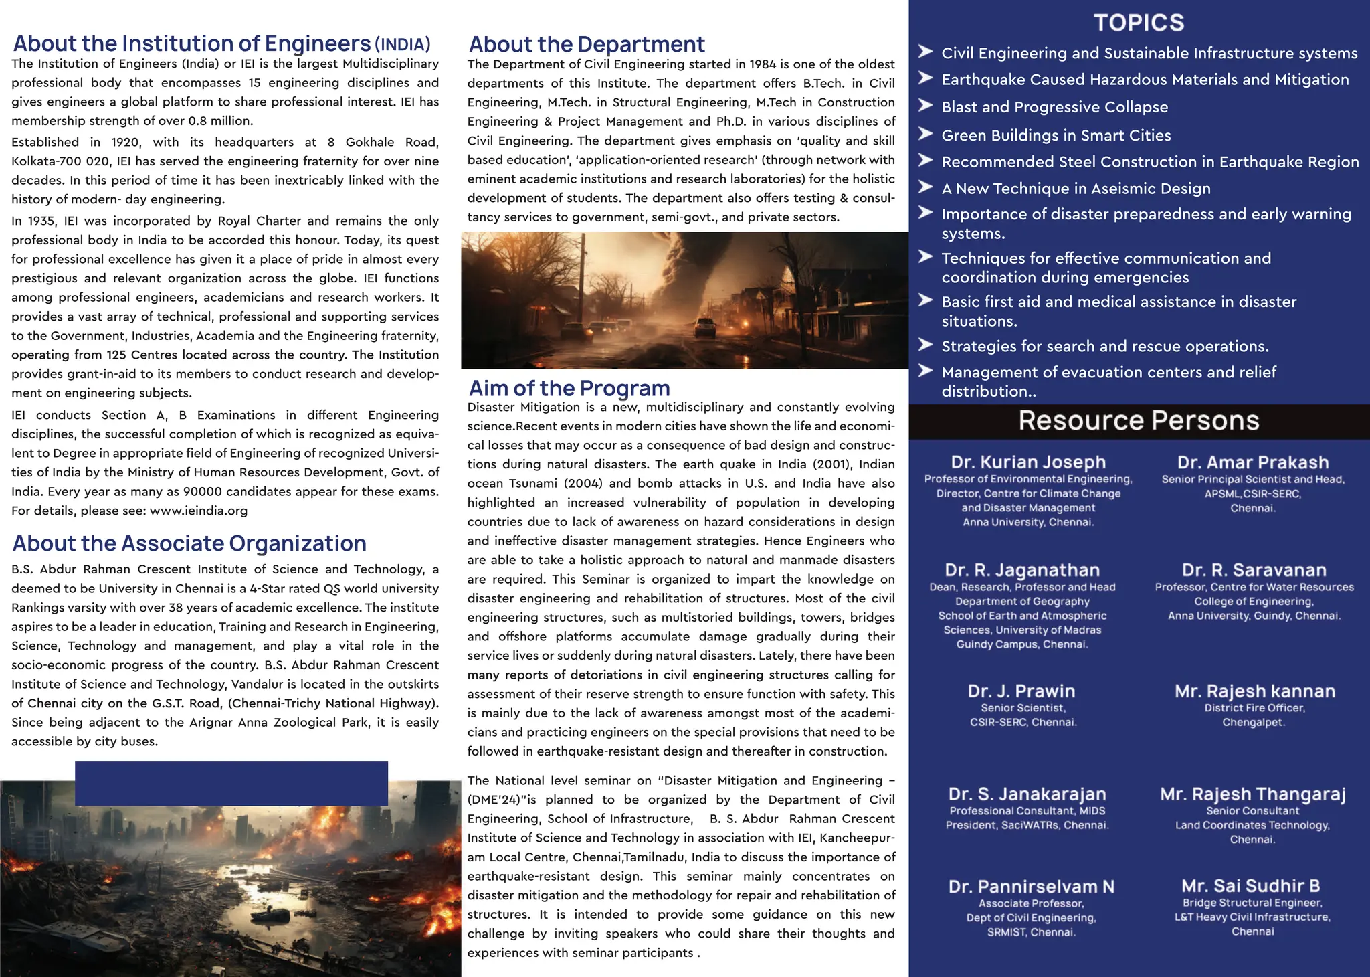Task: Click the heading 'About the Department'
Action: [x=587, y=44]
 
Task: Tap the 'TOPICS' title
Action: [x=1139, y=23]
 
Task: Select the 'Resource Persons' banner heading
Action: [x=1139, y=421]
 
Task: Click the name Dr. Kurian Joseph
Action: [x=1028, y=462]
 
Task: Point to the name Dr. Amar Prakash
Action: [x=1253, y=462]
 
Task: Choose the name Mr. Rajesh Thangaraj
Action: [x=1253, y=794]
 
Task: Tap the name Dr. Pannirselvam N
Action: [x=1032, y=887]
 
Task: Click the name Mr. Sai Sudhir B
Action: [x=1251, y=886]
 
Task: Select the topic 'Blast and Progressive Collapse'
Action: [x=1054, y=107]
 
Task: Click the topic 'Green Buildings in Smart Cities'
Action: [x=1056, y=135]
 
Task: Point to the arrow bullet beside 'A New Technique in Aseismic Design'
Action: [x=926, y=187]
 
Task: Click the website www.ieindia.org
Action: [x=199, y=511]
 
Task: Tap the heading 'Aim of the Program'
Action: [x=569, y=388]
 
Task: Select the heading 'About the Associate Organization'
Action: [x=189, y=543]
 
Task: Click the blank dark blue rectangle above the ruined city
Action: [x=231, y=783]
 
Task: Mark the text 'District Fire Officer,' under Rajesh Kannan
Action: [x=1254, y=708]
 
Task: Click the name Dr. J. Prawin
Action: [x=1021, y=691]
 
